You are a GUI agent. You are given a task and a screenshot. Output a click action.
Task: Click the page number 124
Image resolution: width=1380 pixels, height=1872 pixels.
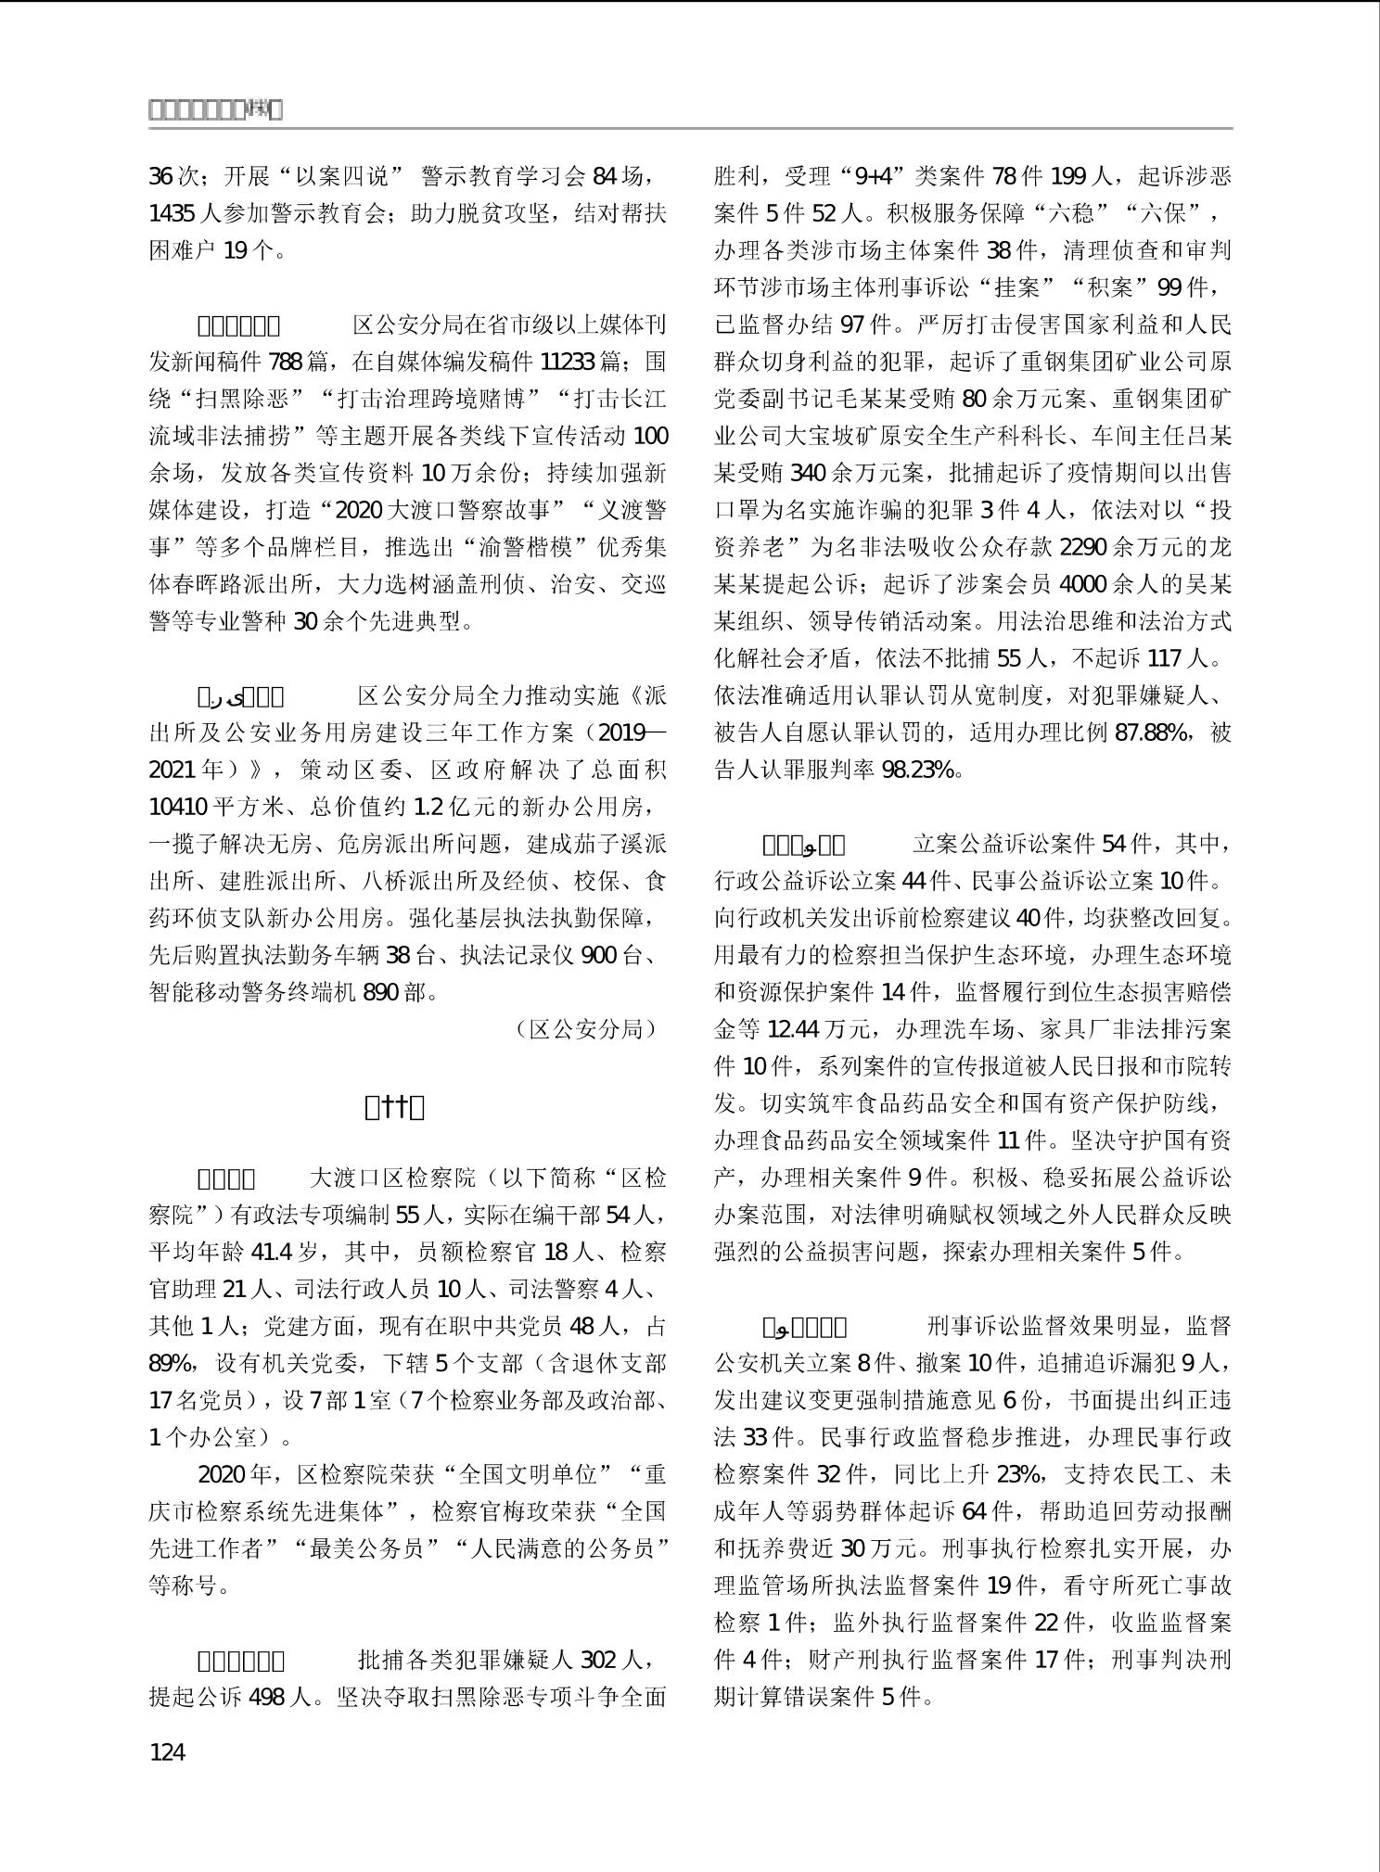[167, 1751]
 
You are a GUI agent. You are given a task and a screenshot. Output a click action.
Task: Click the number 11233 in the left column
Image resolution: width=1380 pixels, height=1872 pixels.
[567, 362]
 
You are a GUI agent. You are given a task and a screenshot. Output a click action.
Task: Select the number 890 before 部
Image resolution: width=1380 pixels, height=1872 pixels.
[381, 992]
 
